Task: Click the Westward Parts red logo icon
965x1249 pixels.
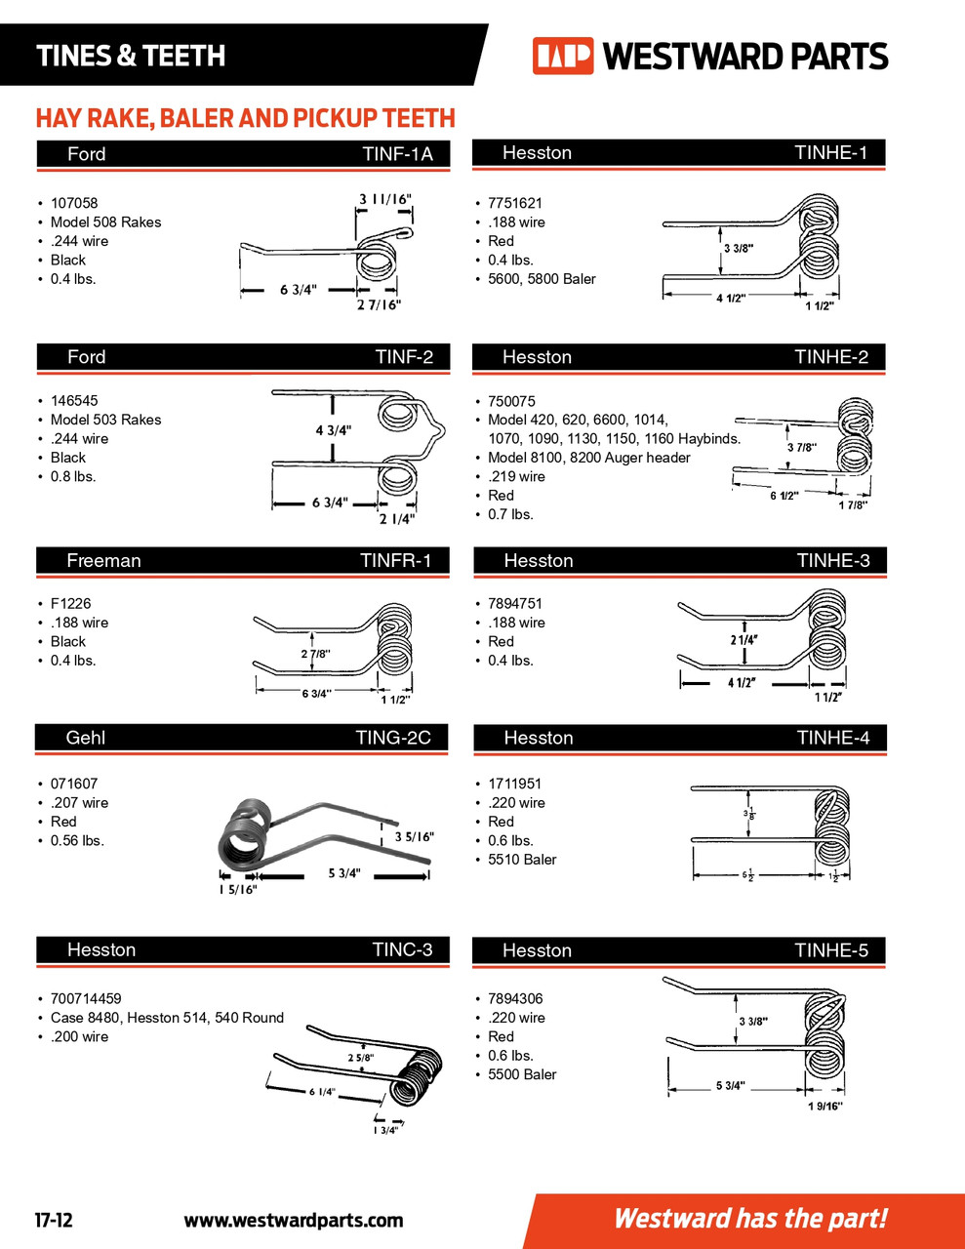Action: pos(562,56)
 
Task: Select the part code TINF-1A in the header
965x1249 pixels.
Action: pos(397,154)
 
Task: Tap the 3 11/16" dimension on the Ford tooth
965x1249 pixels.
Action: pos(385,199)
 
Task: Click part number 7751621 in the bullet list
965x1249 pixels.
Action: pos(515,203)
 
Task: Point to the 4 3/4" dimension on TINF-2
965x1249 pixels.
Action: pos(334,430)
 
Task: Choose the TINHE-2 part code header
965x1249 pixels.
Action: pos(831,357)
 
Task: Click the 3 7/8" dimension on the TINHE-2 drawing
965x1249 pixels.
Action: pos(801,448)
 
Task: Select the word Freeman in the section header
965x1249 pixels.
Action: pos(103,561)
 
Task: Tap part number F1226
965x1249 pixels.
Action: pos(71,603)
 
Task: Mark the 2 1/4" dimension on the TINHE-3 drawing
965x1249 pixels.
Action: pos(744,640)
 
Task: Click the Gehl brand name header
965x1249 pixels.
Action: pos(86,738)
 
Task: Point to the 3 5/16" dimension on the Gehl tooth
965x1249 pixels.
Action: pos(414,837)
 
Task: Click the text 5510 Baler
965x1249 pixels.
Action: pos(522,860)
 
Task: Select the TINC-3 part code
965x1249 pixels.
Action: pos(402,950)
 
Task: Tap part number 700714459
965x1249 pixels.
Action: pos(86,998)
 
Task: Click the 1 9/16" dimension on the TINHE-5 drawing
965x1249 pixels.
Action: pos(825,1106)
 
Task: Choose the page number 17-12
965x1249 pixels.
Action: pos(54,1220)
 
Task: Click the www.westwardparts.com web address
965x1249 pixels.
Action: pos(293,1220)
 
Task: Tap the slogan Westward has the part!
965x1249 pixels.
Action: pos(750,1219)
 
